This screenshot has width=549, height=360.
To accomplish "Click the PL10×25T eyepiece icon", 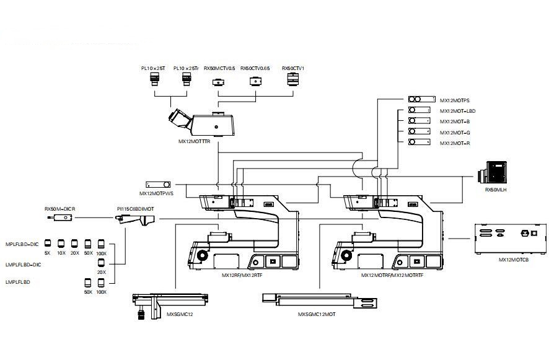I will (154, 79).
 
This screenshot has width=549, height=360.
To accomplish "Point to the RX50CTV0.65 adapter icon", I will (254, 81).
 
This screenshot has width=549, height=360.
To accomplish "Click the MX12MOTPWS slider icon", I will (157, 185).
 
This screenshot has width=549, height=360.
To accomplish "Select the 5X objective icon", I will (46, 244).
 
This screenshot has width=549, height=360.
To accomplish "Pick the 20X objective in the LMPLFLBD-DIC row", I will (101, 263).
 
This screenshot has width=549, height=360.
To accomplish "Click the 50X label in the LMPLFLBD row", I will (88, 291).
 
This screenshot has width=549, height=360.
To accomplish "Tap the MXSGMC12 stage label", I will (180, 315).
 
